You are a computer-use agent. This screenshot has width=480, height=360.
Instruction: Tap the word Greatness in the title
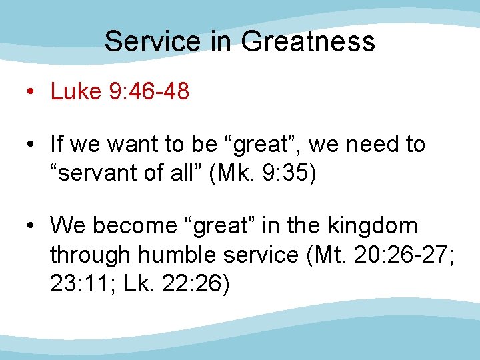(308, 42)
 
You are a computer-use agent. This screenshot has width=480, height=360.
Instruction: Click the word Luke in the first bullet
(74, 91)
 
